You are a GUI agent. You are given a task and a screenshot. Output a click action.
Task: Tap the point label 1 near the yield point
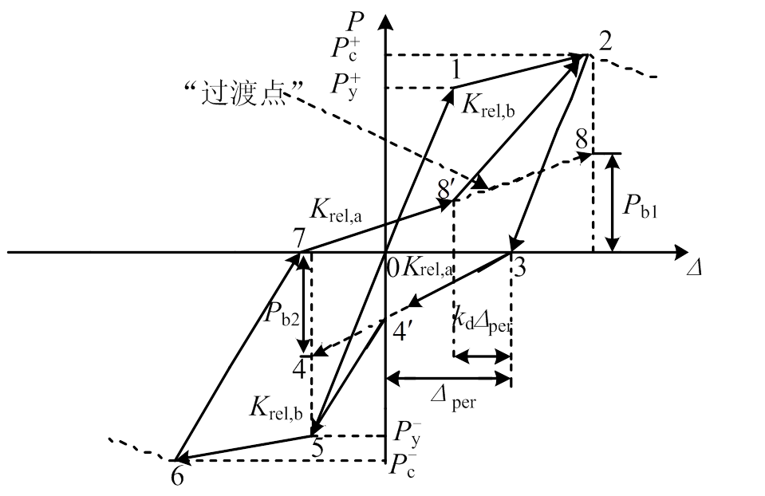pos(455,71)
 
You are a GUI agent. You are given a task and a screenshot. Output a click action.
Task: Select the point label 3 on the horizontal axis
pos(519,268)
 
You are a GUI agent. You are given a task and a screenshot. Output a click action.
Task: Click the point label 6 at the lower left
pos(176,475)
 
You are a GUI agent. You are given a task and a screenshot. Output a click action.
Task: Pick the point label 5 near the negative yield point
pos(317,448)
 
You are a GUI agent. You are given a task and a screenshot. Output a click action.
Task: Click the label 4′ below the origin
pos(404,329)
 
